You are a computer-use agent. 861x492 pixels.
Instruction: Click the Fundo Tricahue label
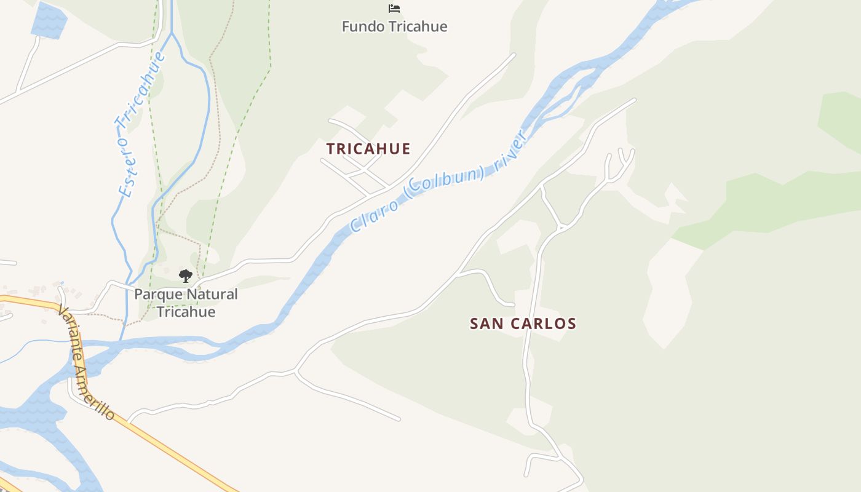click(x=394, y=26)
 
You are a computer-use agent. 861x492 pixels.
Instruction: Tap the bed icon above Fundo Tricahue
click(x=394, y=8)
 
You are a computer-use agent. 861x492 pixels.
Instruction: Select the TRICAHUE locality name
click(x=368, y=149)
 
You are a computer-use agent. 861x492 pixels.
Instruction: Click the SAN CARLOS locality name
click(x=523, y=323)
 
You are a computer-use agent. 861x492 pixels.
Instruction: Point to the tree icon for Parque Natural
click(x=186, y=276)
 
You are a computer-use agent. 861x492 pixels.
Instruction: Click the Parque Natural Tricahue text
click(x=186, y=303)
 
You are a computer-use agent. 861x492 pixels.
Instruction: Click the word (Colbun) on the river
click(x=446, y=181)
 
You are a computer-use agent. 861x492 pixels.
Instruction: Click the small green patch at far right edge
click(x=841, y=120)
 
